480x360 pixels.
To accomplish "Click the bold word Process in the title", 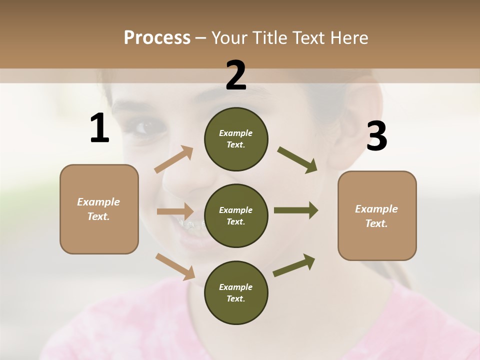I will [x=157, y=37].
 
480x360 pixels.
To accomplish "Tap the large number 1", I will [x=99, y=128].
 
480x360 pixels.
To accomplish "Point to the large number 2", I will [x=236, y=75].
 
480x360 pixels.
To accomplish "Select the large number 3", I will [x=376, y=136].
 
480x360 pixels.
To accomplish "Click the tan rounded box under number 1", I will [x=99, y=209].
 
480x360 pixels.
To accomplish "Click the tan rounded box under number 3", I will [x=377, y=215].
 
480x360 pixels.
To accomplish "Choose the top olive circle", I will [x=236, y=139].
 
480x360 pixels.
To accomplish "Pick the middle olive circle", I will [x=236, y=215].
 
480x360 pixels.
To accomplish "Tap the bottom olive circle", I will [x=236, y=292].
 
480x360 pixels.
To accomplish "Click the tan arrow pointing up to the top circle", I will [x=174, y=159].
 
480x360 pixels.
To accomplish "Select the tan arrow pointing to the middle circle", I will [x=175, y=211].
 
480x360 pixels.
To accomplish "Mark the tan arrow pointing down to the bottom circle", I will [x=175, y=266].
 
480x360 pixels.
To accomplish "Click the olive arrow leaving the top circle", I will [x=297, y=159].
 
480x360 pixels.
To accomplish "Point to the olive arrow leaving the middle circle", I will [x=296, y=210].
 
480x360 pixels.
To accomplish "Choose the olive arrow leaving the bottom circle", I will [x=294, y=265].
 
